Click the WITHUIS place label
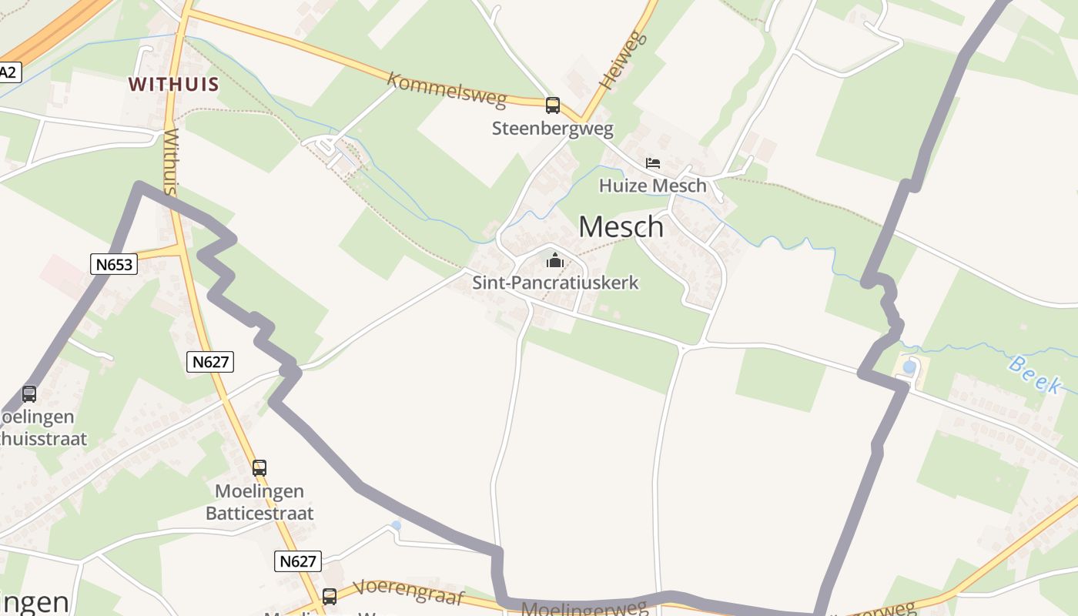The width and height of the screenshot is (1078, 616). click(174, 85)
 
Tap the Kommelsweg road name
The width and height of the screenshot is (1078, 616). click(447, 89)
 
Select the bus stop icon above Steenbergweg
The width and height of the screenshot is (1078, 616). click(553, 105)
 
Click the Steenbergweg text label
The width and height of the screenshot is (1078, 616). click(552, 128)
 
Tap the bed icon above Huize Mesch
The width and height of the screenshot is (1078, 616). click(653, 163)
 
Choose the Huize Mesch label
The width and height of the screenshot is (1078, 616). click(652, 186)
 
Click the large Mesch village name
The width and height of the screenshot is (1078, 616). click(621, 227)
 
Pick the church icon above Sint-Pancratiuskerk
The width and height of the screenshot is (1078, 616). click(555, 260)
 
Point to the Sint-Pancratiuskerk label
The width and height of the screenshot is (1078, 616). click(555, 283)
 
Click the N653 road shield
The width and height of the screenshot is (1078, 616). click(114, 265)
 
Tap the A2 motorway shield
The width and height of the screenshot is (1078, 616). click(8, 73)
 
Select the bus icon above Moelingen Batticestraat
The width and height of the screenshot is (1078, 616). click(259, 468)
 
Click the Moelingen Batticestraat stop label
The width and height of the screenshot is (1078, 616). click(259, 502)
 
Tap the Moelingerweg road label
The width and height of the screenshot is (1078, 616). click(584, 609)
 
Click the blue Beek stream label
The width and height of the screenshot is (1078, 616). click(1034, 375)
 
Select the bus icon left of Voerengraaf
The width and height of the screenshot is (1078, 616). click(330, 596)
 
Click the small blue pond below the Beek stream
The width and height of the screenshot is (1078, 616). click(909, 367)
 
